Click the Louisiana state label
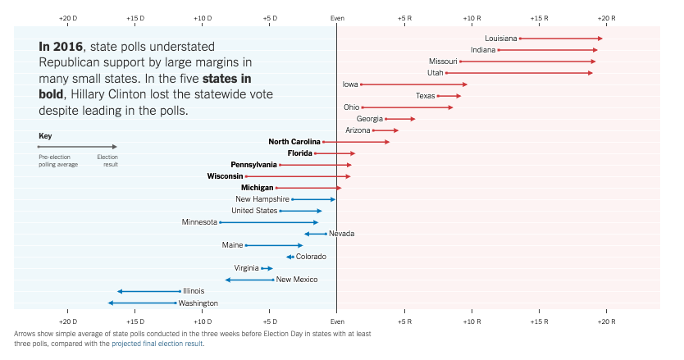tap(500, 39)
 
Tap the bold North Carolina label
tap(294, 142)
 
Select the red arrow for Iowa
tap(414, 84)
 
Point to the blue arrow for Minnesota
tap(269, 222)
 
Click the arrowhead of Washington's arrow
tap(110, 303)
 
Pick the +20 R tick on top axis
tap(606, 17)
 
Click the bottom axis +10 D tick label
tap(203, 322)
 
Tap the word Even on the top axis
tap(337, 17)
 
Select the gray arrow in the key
tap(78, 147)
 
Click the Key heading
tap(45, 135)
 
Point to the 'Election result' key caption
tap(107, 160)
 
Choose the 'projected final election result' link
tap(157, 344)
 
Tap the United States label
tap(254, 211)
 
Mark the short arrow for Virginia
tap(267, 268)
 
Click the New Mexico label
tap(297, 280)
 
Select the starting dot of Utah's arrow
tap(446, 73)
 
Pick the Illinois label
tap(194, 291)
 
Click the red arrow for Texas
tap(449, 96)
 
